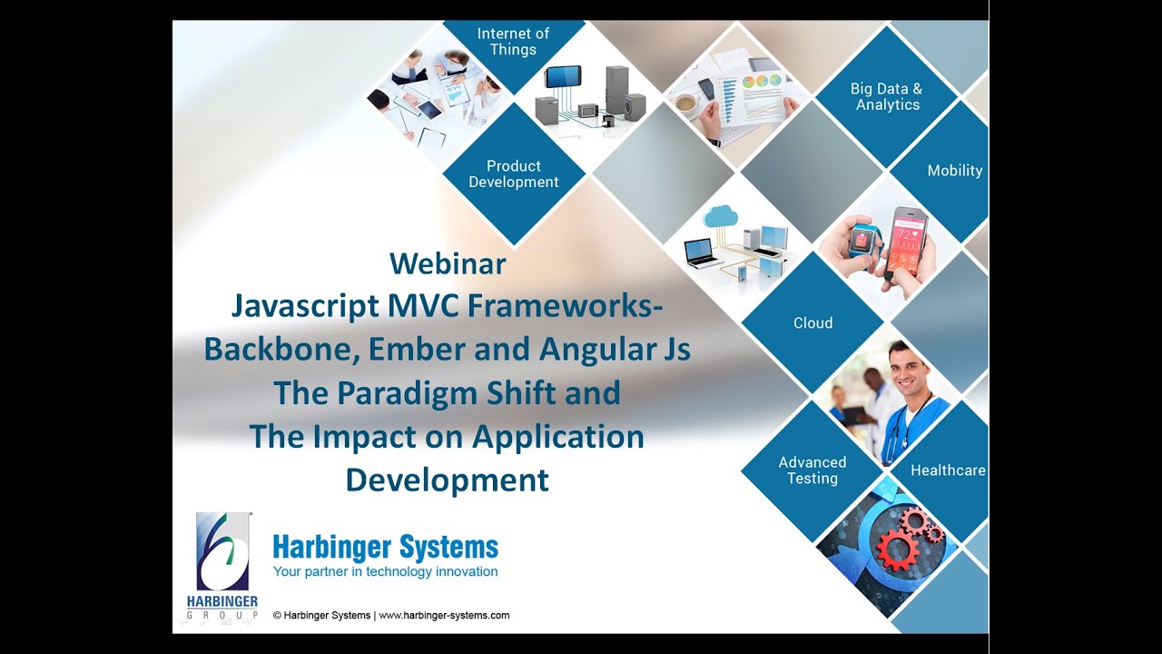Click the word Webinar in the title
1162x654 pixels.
(x=448, y=263)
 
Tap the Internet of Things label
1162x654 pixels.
(x=513, y=42)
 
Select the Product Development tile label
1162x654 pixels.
(x=514, y=174)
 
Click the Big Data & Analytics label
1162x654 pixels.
(x=886, y=97)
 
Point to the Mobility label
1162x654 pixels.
(x=954, y=171)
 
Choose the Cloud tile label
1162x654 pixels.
(x=812, y=323)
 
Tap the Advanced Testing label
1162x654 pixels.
(x=812, y=471)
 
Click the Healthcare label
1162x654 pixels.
(x=948, y=471)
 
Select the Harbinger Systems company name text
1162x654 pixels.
(x=385, y=548)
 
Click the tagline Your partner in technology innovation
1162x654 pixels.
(x=385, y=572)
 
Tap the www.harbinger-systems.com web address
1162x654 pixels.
(x=444, y=615)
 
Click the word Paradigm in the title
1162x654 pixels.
(x=424, y=393)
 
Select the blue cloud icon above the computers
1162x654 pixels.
(x=721, y=216)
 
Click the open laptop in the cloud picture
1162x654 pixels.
(x=702, y=252)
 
